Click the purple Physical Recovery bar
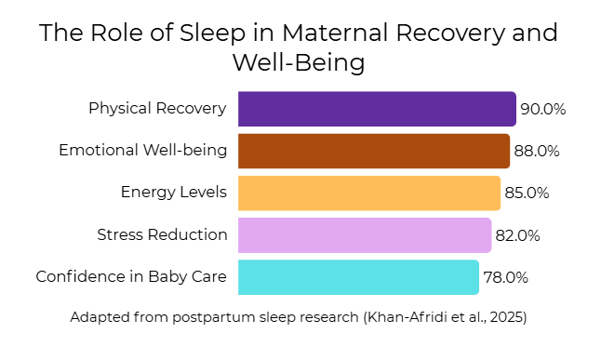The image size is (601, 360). click(x=377, y=109)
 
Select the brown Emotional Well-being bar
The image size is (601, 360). click(x=374, y=151)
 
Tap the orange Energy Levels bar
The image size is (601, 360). click(x=369, y=193)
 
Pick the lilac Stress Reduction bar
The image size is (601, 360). click(x=365, y=235)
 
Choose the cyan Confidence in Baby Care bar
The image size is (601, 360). click(x=359, y=277)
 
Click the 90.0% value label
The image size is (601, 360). click(x=543, y=109)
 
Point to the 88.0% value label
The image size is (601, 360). click(x=537, y=151)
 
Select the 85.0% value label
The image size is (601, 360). click(x=527, y=193)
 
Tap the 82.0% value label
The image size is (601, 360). click(x=518, y=235)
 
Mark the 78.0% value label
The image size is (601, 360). click(x=506, y=277)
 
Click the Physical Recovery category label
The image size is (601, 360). click(x=157, y=109)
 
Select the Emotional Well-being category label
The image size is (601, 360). click(x=143, y=151)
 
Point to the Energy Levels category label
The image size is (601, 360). click(x=174, y=193)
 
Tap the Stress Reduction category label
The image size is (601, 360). click(x=162, y=234)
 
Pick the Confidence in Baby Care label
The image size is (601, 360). click(x=131, y=277)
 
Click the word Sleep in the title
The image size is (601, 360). click(x=213, y=33)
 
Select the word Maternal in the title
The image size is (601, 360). click(x=336, y=33)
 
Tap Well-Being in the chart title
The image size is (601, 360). click(x=299, y=63)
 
